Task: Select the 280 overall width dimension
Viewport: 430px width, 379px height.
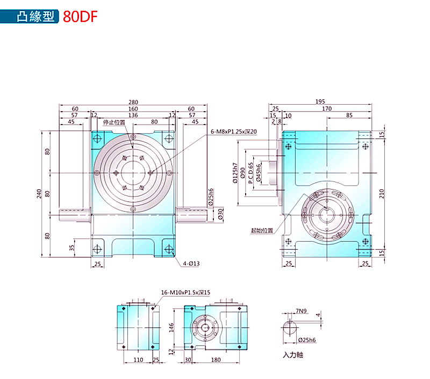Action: [133, 102]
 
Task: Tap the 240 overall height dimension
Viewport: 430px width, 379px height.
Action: [39, 193]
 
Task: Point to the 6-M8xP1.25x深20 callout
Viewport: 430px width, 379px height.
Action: [234, 131]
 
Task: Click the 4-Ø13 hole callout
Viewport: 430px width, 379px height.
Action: [191, 264]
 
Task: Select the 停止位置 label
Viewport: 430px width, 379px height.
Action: [114, 123]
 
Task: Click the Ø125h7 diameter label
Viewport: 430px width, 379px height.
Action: [235, 173]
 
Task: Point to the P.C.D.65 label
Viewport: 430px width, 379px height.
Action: [251, 172]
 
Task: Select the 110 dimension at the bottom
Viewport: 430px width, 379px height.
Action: [138, 360]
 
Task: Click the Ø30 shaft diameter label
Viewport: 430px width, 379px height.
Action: [220, 215]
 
